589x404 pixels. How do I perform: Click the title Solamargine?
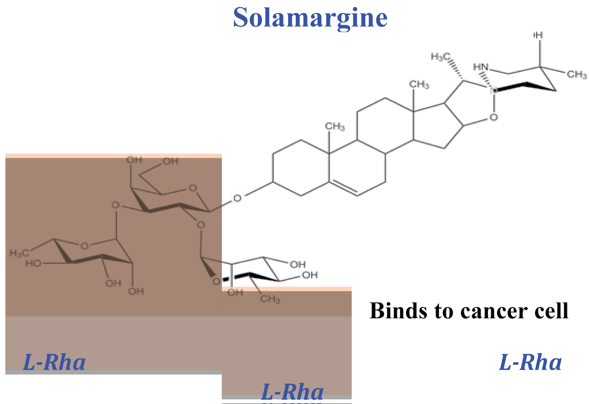pos(310,18)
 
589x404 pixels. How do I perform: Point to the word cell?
pos(552,311)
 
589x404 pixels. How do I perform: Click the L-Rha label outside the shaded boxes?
pos(530,362)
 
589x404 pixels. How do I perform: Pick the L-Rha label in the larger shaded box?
pos(55,362)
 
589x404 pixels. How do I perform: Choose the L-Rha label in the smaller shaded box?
pos(292,392)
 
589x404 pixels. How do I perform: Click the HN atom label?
pos(481,67)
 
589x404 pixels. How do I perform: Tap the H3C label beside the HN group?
pos(439,57)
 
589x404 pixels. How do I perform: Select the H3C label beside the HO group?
pos(19,253)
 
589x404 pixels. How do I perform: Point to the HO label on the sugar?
pos(33,263)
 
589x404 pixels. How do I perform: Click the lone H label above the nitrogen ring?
pos(539,35)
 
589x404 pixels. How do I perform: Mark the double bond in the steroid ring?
pos(344,188)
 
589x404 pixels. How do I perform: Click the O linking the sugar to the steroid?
pos(237,198)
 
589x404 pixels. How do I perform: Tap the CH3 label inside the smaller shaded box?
pos(270,299)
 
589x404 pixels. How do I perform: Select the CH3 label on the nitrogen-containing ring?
pos(576,74)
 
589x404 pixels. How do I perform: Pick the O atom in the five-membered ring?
pos(494,117)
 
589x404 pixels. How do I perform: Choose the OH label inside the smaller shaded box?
pos(235,292)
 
